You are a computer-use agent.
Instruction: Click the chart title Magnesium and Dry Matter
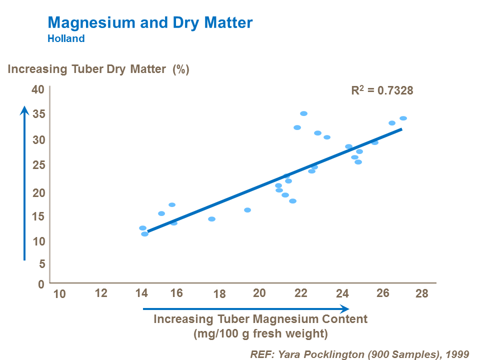pos(150,23)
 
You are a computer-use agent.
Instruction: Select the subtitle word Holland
pos(66,38)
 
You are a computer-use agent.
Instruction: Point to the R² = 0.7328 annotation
pos(382,90)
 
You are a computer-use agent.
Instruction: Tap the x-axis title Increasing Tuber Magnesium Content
pos(260,319)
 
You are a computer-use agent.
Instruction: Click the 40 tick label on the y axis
pos(38,89)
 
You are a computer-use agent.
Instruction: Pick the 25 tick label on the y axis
pos(38,165)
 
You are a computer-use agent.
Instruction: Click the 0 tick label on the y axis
pos(41,283)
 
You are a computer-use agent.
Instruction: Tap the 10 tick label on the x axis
pos(59,294)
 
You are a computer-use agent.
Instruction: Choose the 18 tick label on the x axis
pos(219,294)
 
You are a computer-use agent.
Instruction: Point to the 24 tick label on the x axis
pos(342,294)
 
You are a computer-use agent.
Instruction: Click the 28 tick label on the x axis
pos(422,293)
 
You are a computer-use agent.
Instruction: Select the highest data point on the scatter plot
pos(303,113)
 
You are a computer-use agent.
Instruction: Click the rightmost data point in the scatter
pos(403,118)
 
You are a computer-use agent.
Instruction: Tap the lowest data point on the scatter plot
pos(144,233)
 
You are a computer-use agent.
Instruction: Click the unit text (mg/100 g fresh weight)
pos(260,333)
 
